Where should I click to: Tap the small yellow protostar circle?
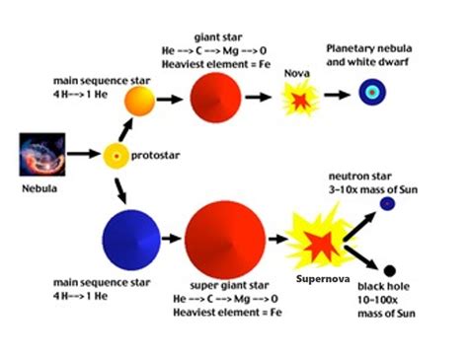(x=117, y=156)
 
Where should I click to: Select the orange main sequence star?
(x=139, y=100)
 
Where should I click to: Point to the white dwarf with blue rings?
(x=372, y=94)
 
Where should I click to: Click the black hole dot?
(x=389, y=270)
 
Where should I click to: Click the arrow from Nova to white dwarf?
(x=337, y=96)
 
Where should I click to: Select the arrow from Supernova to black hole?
(x=361, y=258)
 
